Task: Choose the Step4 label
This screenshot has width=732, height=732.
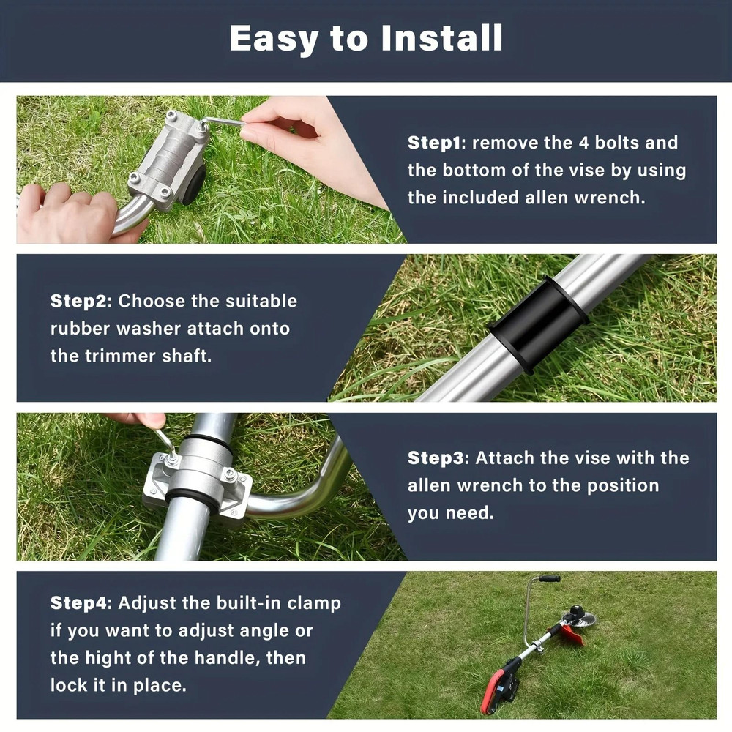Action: coord(78,603)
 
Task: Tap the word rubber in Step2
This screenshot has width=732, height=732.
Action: coord(78,329)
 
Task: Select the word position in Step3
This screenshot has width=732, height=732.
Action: coord(627,485)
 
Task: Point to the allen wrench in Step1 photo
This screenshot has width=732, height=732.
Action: coord(223,123)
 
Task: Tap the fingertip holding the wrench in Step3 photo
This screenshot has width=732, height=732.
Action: coord(152,421)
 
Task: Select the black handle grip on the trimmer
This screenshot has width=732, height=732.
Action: coord(549,578)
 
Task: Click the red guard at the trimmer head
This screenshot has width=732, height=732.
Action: coord(569,635)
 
